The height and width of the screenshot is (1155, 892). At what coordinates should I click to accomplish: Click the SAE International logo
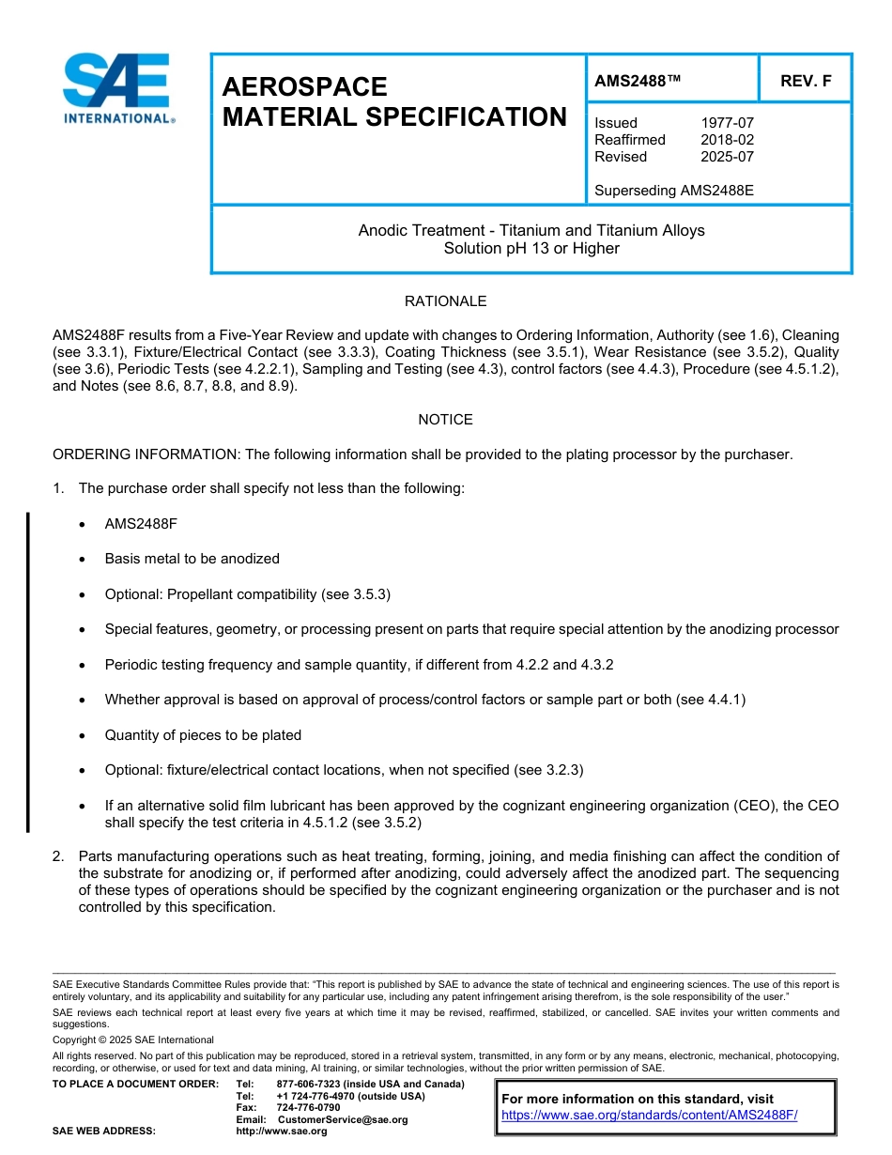pos(117,89)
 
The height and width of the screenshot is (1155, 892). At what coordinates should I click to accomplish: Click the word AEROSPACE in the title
pos(304,86)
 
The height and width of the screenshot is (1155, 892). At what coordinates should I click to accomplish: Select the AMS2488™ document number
pos(637,82)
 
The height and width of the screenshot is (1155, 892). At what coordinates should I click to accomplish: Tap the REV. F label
pos(806,82)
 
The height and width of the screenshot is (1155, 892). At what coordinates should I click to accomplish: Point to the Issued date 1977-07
pos(727,123)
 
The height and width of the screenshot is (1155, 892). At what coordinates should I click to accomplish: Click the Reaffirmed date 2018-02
pos(727,140)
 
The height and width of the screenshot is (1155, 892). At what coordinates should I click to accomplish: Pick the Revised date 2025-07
pos(727,157)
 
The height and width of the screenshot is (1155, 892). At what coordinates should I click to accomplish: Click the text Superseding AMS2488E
pos(674,191)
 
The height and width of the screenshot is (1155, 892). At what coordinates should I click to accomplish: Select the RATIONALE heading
pos(445,301)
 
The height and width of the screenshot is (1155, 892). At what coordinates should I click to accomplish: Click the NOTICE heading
pos(445,420)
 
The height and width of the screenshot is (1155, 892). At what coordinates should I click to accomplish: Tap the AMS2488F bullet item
pos(141,523)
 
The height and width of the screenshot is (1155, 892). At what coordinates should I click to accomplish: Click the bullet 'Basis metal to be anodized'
pos(192,559)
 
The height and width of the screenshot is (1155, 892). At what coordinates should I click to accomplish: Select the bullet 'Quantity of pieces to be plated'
pos(203,735)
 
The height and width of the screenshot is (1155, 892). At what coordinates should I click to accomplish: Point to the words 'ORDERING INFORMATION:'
pos(146,454)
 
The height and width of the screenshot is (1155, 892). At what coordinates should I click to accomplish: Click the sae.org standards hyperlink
pos(650,1116)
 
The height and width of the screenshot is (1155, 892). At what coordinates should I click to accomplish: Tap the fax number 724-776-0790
pos(308,1108)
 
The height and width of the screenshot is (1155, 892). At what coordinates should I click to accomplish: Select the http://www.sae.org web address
pos(282,1132)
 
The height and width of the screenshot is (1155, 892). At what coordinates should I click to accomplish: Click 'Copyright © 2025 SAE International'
pos(133,1039)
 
